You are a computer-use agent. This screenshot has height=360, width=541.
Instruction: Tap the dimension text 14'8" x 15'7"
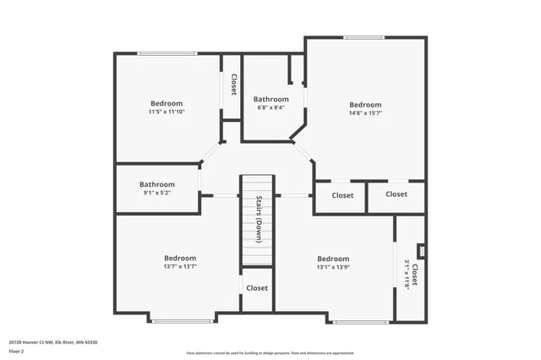point(365,113)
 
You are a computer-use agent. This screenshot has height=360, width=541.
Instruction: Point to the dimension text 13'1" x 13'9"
point(333,268)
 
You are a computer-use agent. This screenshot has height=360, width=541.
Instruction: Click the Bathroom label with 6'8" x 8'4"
point(270,107)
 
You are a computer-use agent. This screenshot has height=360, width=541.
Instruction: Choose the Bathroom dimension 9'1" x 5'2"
point(157,194)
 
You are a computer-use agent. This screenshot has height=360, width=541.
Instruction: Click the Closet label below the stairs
point(257,288)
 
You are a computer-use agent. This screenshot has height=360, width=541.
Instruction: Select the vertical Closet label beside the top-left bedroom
point(233,85)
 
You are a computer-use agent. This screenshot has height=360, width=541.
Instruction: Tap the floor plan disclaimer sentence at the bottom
point(270,353)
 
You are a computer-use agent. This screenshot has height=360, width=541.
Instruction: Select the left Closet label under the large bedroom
point(342,195)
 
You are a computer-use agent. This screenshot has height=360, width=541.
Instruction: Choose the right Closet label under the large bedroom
point(396,194)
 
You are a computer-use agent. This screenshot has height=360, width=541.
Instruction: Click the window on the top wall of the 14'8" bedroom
point(363,37)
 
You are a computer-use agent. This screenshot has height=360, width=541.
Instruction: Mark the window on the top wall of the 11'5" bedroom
point(167,54)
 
